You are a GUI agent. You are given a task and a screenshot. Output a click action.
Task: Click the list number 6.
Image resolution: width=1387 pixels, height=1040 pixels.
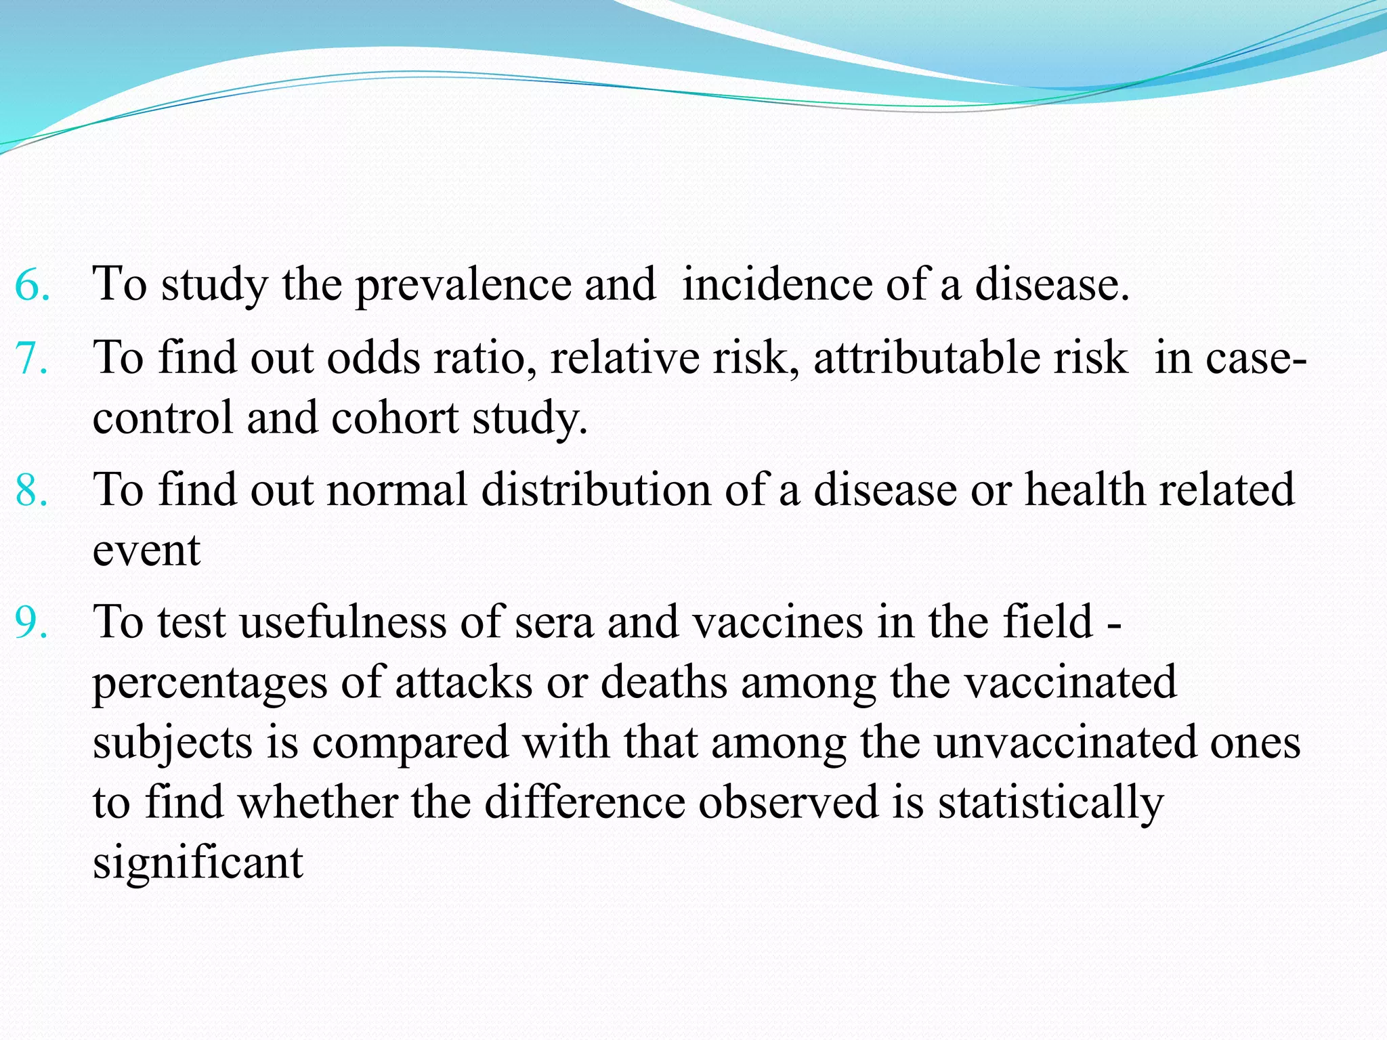tap(32, 284)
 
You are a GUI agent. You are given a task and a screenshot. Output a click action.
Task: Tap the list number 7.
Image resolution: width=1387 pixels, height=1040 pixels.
tap(32, 357)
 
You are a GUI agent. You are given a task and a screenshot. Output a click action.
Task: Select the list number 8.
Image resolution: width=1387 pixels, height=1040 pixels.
tap(32, 490)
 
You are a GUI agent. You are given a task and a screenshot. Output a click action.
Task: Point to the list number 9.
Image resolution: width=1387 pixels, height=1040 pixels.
tap(32, 622)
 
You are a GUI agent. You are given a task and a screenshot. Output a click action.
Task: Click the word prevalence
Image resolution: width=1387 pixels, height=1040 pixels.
tap(463, 284)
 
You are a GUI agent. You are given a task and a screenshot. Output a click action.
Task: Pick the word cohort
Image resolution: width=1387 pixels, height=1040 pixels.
tap(395, 417)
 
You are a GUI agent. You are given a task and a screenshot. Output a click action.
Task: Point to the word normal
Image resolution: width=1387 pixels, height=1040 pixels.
tap(397, 489)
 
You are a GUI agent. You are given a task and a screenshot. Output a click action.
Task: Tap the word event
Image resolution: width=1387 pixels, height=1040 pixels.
tap(146, 550)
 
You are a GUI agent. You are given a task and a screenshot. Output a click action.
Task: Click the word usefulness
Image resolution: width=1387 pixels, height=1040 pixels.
tap(343, 622)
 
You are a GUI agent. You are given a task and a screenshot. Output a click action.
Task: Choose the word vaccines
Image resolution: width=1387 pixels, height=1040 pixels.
tap(779, 622)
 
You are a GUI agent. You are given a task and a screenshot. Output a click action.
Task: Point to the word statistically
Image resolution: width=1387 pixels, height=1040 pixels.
tap(1050, 804)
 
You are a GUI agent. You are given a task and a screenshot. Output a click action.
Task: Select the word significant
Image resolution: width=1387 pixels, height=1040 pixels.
tap(198, 863)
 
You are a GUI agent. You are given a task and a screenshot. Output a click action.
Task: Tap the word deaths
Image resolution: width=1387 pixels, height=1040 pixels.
tap(664, 682)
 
